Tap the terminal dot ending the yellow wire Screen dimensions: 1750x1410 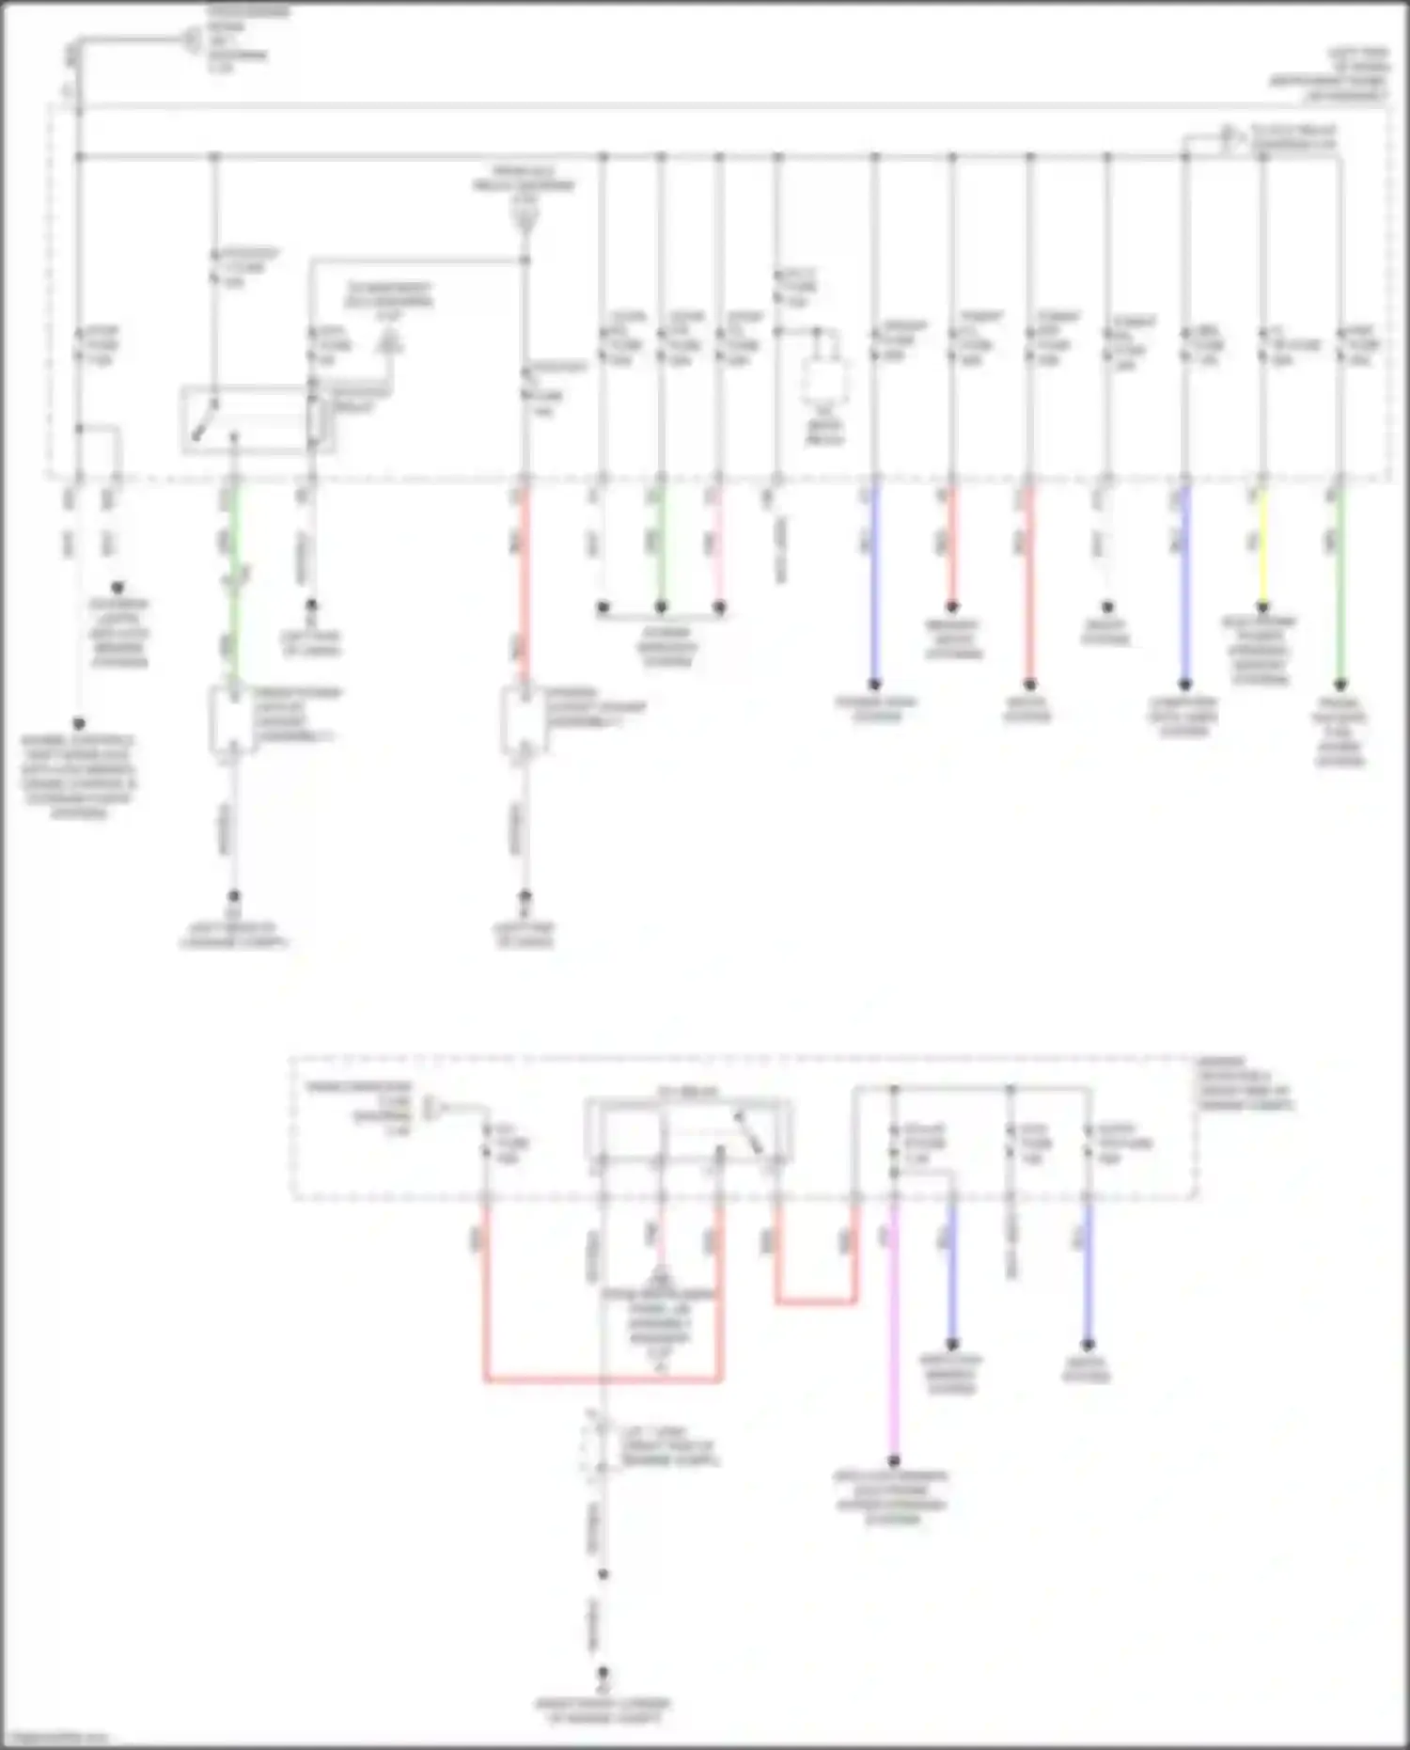(1262, 607)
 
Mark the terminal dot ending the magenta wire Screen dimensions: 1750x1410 (894, 1460)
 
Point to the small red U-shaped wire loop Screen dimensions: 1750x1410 (816, 1301)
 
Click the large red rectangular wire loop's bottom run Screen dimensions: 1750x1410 (602, 1380)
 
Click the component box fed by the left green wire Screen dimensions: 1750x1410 (231, 720)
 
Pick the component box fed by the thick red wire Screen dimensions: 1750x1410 (523, 720)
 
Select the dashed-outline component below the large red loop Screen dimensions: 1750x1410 (594, 1447)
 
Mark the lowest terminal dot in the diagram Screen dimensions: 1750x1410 (603, 1674)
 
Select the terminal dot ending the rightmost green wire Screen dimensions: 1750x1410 (1340, 685)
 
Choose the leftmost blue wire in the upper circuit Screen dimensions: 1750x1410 (875, 583)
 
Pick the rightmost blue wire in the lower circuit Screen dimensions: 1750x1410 (1088, 1269)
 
